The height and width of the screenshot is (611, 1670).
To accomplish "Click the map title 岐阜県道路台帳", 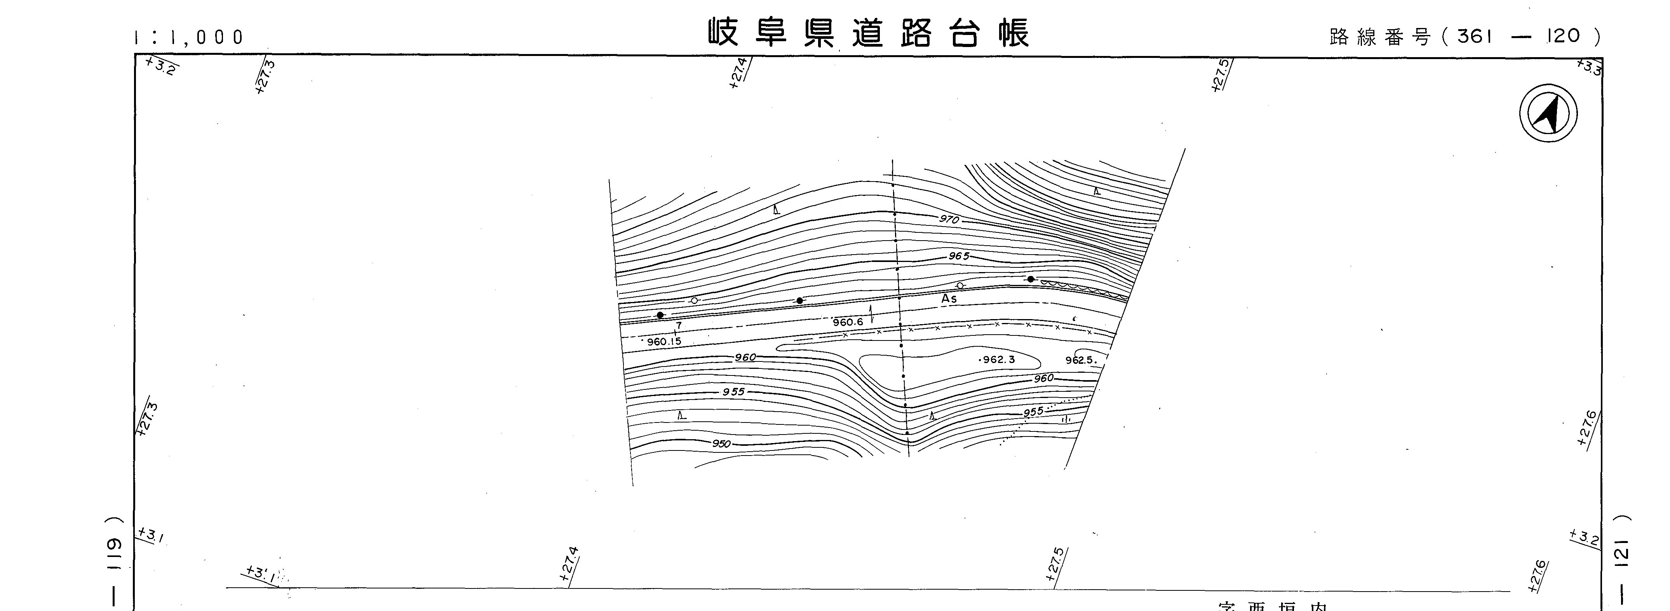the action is point(868,34).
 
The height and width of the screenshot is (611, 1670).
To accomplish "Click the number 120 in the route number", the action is point(1564,36).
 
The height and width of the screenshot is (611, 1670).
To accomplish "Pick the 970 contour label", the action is point(949,220).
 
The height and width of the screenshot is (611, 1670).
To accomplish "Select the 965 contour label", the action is point(959,256).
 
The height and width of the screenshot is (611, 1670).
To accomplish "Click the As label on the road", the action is point(949,299).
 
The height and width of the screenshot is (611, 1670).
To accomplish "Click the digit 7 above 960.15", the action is point(679,326).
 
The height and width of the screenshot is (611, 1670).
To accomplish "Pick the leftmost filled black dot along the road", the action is point(660,315).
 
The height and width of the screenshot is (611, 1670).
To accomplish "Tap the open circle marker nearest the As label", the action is point(960,285).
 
